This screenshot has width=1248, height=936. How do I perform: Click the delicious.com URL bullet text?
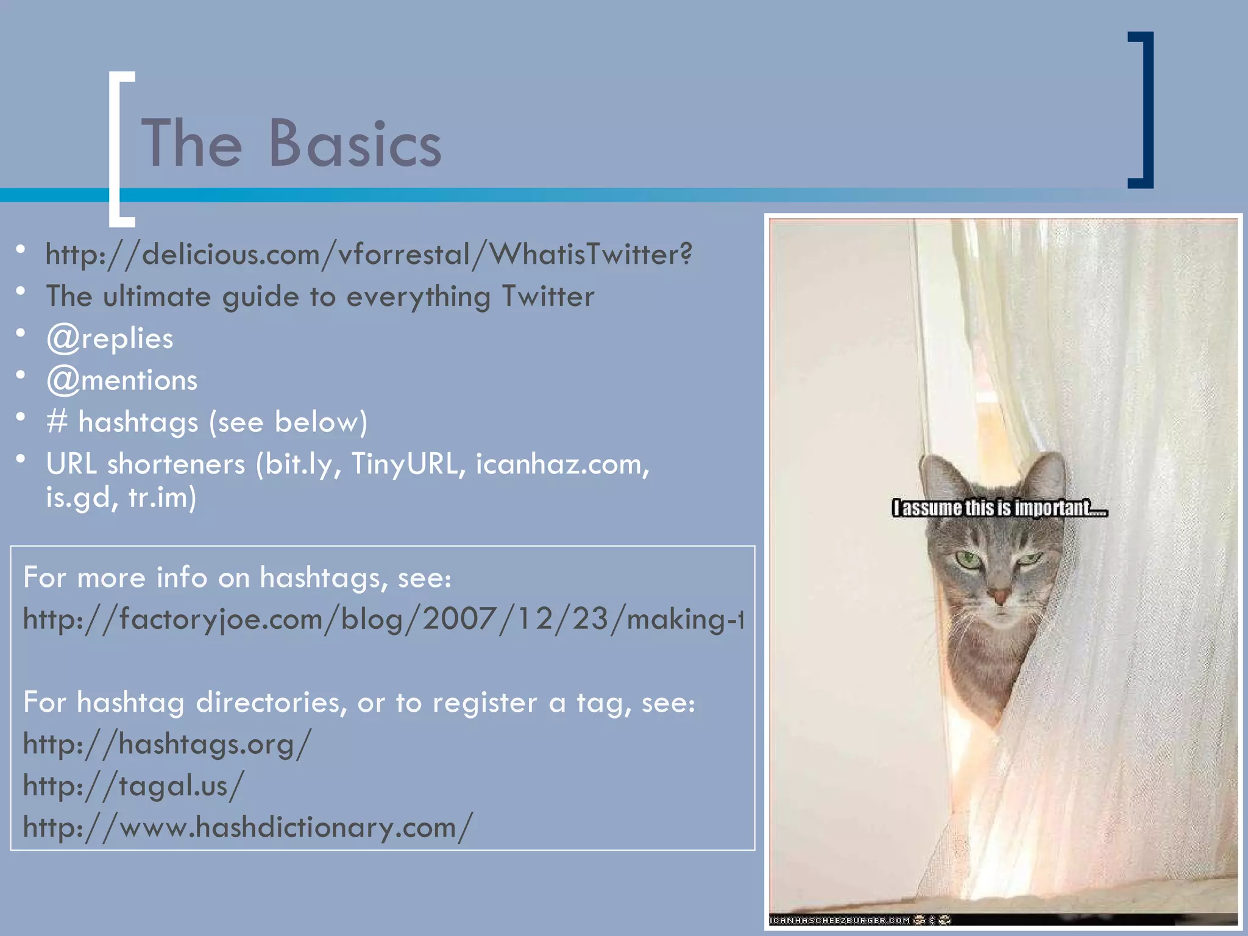coord(369,254)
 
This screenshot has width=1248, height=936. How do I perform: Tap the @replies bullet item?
coord(110,339)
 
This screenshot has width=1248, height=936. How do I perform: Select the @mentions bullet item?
coord(122,381)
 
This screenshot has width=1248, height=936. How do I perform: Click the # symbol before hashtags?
coord(57,422)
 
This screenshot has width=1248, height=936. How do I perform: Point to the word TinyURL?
coord(404,464)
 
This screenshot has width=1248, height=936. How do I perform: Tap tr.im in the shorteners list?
coord(161,498)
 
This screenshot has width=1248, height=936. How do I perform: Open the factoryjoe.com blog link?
coord(383,620)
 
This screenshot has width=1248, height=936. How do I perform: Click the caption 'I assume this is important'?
coord(999,508)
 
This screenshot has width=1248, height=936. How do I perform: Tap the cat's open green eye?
coord(967,559)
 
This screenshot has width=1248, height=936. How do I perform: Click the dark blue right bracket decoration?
coord(1146,110)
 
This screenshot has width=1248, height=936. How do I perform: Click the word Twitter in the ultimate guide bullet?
coord(547,297)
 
